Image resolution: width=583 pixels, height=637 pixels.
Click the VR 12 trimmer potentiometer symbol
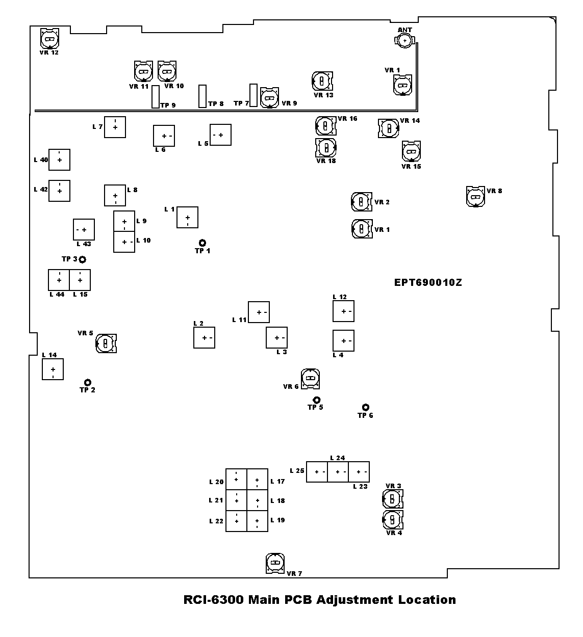[50, 38]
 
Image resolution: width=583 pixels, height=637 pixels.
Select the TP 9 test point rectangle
[156, 97]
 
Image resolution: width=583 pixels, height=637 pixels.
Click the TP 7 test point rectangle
[254, 95]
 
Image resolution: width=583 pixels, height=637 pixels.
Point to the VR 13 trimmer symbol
[322, 81]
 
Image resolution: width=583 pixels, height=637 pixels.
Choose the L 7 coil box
[115, 127]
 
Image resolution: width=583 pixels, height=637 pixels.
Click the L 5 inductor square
[220, 135]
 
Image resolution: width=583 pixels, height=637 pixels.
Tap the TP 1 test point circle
[202, 243]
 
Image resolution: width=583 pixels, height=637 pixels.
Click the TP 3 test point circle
[82, 259]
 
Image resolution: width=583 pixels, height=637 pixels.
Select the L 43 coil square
[84, 230]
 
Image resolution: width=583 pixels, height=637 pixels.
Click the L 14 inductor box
[53, 369]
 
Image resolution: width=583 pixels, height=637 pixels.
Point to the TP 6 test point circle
[366, 407]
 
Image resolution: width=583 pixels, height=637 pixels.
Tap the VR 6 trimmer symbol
[310, 378]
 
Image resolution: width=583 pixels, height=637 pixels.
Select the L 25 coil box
[317, 472]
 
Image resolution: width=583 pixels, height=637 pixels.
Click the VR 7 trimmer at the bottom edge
[275, 563]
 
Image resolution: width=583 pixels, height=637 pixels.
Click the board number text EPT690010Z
[428, 283]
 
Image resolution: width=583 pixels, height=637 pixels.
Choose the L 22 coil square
[237, 521]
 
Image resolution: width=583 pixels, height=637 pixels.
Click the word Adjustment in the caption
[348, 600]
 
